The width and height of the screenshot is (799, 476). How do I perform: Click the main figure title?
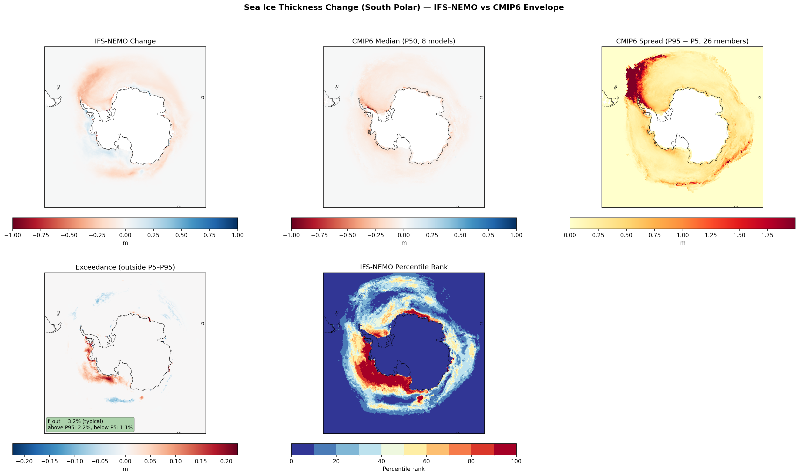pos(404,7)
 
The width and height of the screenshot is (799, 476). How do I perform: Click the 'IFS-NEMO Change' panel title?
pos(125,41)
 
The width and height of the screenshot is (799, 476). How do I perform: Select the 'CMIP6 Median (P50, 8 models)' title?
pos(404,41)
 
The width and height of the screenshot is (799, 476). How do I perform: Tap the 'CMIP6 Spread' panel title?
pos(682,41)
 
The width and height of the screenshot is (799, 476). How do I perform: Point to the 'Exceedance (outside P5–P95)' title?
pos(125,267)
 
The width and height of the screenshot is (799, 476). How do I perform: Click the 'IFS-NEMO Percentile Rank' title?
pos(404,267)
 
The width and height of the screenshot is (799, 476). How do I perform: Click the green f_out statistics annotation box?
pos(90,424)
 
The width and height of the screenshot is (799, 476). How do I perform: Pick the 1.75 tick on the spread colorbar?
pos(767,235)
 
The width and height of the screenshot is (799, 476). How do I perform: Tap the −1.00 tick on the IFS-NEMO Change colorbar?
pos(13,235)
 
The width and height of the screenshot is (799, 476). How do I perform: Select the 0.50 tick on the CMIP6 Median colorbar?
pos(460,235)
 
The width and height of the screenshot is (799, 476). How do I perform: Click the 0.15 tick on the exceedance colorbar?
pos(201,461)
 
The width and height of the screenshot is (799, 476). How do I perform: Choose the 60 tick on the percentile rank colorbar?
pos(426,461)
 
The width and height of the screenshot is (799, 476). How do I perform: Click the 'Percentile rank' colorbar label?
pos(404,469)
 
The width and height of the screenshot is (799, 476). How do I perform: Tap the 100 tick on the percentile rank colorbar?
pos(516,461)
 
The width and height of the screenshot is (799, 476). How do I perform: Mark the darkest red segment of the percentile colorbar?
pos(505,449)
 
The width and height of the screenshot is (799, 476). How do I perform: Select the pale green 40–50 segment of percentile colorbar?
pos(392,449)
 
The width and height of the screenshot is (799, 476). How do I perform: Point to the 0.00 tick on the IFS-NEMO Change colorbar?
pos(125,235)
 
